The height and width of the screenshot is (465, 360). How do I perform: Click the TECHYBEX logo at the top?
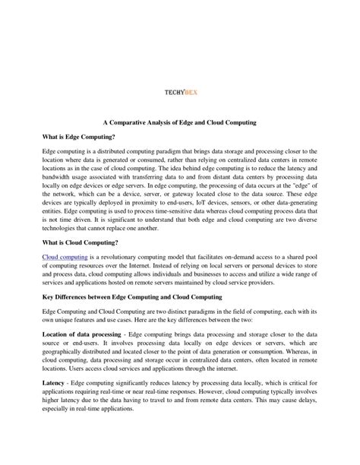[x=180, y=96]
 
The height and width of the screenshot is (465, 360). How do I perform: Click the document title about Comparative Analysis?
[x=180, y=122]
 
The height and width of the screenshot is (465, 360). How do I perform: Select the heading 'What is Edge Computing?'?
[x=79, y=137]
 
